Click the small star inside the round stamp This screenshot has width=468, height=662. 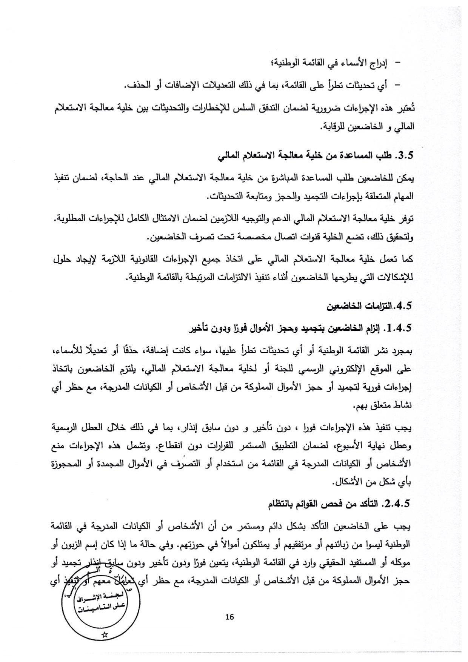(105, 634)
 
